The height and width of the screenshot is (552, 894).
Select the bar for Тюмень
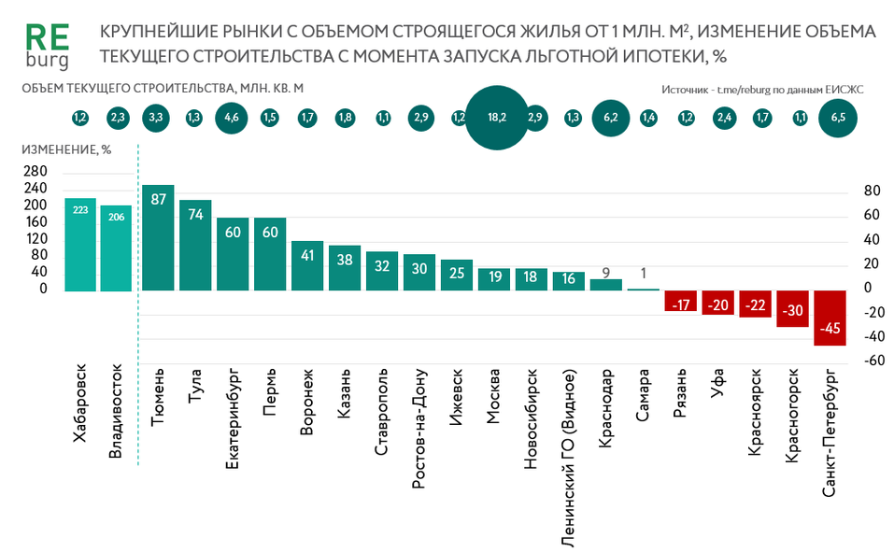point(158,238)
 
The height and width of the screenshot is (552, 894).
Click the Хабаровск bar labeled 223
point(80,245)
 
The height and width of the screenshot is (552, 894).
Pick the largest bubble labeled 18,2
point(496,118)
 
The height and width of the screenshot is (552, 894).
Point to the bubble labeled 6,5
point(837,118)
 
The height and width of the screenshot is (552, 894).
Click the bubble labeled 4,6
point(233,118)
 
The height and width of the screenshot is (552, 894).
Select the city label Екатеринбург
point(234,419)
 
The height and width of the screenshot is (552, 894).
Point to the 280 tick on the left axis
point(36,172)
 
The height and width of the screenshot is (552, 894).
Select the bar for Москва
point(494,279)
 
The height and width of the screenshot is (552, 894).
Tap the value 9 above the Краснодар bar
point(606,273)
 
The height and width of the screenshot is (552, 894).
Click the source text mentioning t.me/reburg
point(762,90)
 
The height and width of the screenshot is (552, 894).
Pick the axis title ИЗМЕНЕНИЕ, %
point(66,149)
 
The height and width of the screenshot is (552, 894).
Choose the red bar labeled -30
point(793,308)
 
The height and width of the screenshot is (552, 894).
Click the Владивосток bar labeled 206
point(117,248)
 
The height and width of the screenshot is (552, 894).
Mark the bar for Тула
point(195,246)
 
